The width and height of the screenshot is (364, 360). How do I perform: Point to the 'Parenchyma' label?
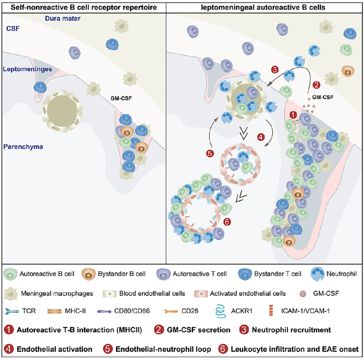point(22,147)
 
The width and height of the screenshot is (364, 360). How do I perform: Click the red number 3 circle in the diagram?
point(275,70)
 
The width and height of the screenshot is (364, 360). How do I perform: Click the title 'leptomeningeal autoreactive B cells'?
point(265,7)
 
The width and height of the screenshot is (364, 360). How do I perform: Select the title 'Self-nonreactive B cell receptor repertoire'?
point(82,7)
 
